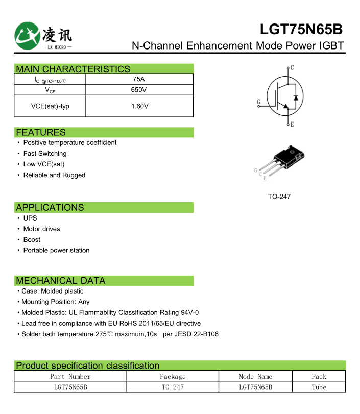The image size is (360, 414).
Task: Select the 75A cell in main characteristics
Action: click(x=138, y=79)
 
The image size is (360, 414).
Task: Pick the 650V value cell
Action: click(x=138, y=90)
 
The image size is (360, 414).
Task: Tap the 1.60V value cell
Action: click(x=139, y=106)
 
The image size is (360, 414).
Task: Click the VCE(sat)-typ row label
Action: click(x=50, y=106)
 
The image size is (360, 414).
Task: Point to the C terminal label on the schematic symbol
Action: click(x=292, y=67)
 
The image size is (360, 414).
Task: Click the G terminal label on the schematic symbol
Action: click(x=258, y=102)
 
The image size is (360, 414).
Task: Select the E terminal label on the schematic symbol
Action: click(x=292, y=125)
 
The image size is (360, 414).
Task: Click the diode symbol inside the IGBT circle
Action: click(x=295, y=97)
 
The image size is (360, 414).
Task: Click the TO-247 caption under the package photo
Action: click(x=279, y=197)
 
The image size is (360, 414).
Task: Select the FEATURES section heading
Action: click(x=41, y=132)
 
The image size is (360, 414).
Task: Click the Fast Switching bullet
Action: click(x=45, y=154)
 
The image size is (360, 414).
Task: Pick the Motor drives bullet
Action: click(x=41, y=229)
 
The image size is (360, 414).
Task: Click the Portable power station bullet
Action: click(x=56, y=251)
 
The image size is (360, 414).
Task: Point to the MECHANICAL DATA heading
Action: click(x=60, y=281)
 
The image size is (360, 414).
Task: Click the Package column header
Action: click(x=173, y=377)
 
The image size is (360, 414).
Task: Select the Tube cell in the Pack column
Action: click(x=319, y=387)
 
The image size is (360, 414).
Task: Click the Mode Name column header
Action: click(x=255, y=377)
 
